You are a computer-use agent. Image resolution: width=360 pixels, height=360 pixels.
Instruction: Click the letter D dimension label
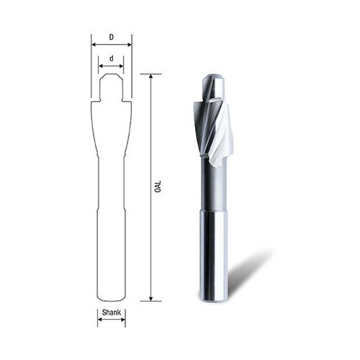click(x=112, y=35)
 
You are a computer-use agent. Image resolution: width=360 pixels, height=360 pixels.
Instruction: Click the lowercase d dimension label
click(x=112, y=58)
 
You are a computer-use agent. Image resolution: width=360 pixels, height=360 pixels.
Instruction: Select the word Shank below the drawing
click(x=111, y=314)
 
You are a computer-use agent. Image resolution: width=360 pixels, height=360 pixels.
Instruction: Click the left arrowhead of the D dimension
click(x=92, y=43)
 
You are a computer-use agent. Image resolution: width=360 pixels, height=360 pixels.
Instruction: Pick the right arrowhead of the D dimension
click(x=131, y=43)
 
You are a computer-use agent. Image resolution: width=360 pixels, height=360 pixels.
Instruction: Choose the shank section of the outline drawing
click(x=112, y=252)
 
